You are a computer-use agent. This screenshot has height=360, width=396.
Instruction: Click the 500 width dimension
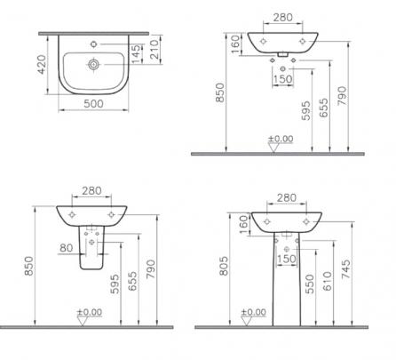[93, 104]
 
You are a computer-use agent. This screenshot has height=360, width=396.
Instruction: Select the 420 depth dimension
[42, 64]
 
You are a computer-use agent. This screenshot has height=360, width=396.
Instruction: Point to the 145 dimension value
[137, 53]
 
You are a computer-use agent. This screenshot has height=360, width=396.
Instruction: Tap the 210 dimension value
[154, 49]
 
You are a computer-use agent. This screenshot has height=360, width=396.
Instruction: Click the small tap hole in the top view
[93, 44]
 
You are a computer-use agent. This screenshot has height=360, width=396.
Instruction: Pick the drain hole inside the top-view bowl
[94, 64]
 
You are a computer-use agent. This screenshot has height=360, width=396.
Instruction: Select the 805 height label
[224, 266]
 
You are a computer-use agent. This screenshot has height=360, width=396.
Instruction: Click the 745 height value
[345, 269]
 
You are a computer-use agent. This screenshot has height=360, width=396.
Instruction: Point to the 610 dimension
[328, 281]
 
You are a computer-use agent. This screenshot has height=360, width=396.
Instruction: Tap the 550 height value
[310, 284]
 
